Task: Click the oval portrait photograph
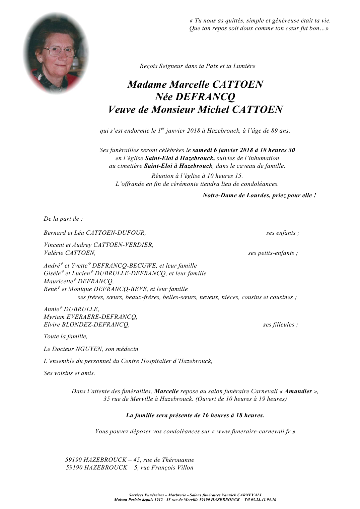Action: click(x=56, y=54)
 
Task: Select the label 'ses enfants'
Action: click(x=281, y=233)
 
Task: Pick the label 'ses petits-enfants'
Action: click(x=272, y=253)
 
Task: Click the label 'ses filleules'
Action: click(x=279, y=324)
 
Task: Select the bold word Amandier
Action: click(x=298, y=391)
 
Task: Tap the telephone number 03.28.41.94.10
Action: click(x=265, y=500)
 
